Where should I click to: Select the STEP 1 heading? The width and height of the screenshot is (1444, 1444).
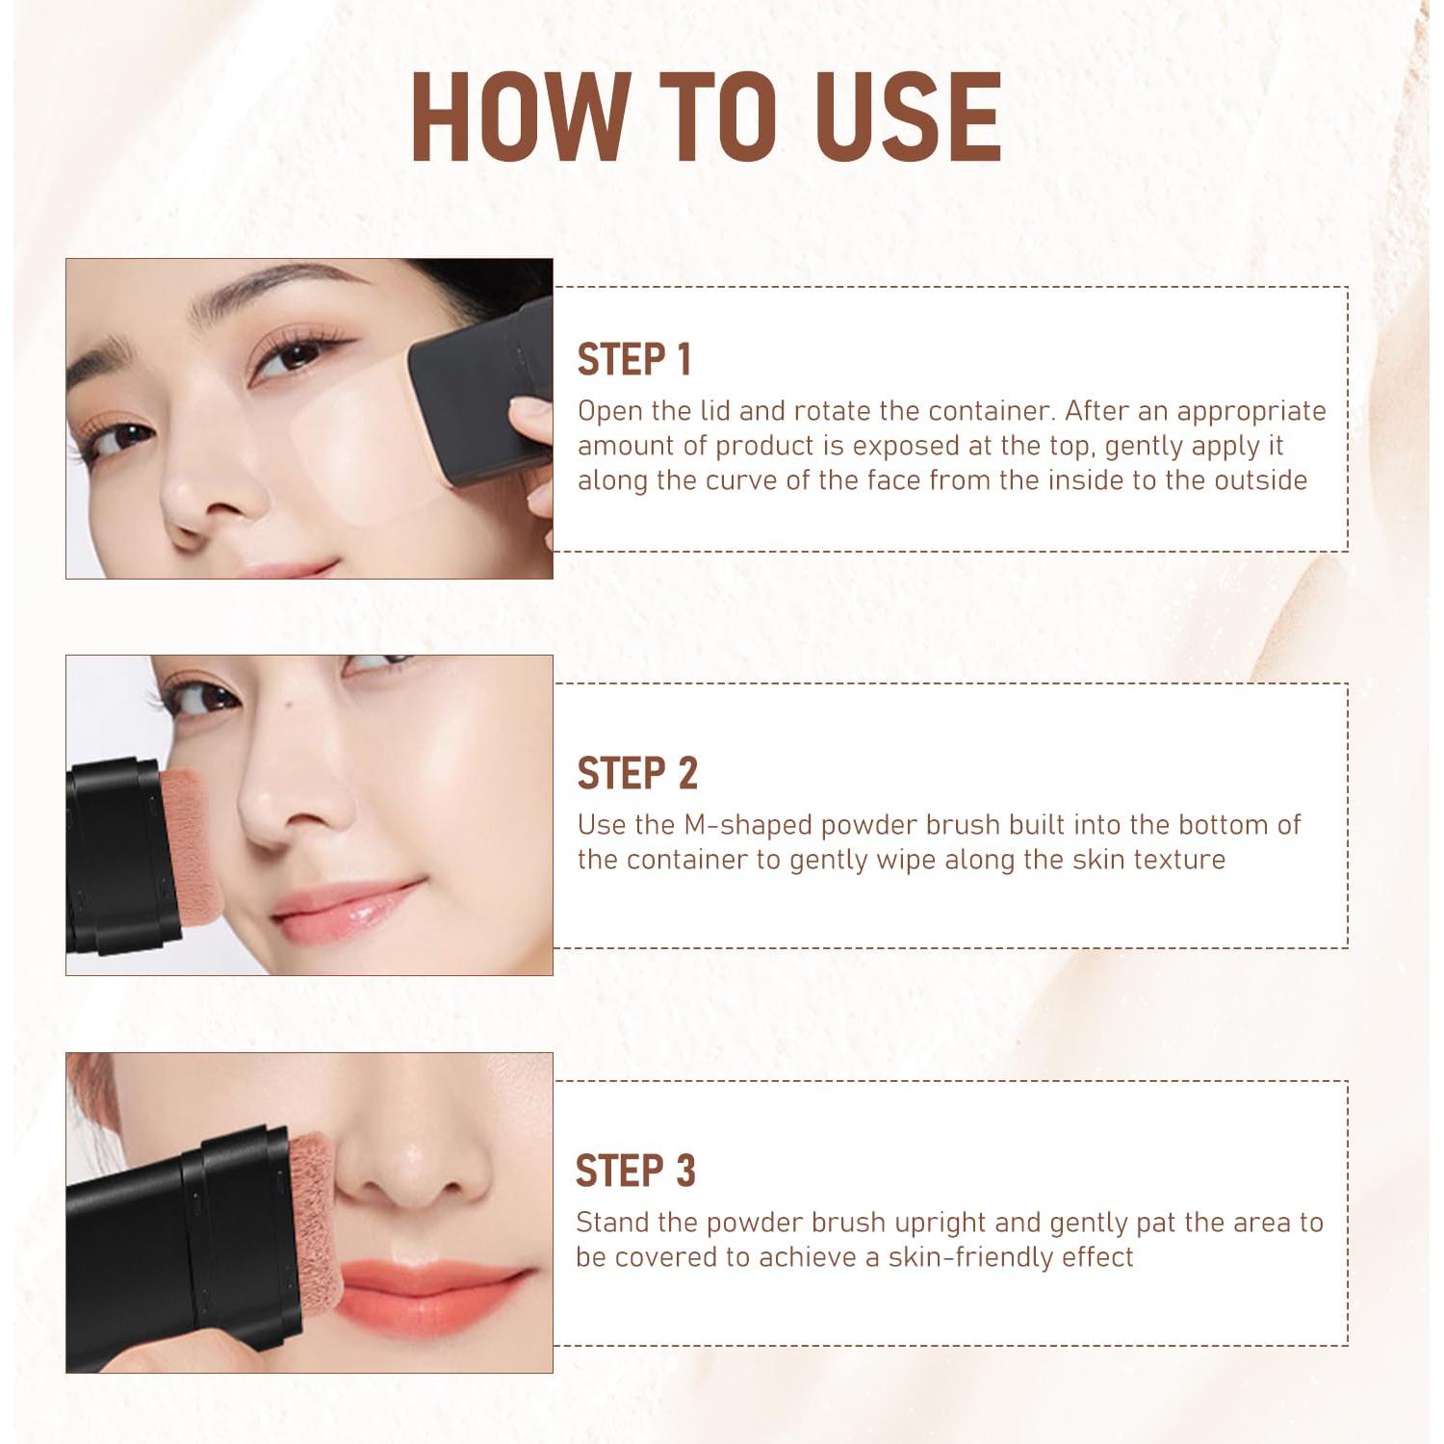click(634, 360)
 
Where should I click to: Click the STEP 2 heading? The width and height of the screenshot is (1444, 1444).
click(637, 774)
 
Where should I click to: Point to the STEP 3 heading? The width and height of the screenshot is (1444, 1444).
click(635, 1172)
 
